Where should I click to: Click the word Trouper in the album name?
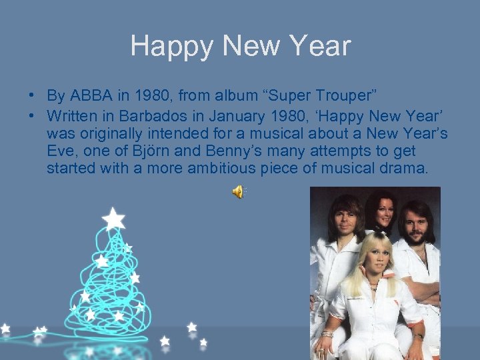[355, 95]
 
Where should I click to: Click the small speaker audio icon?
[238, 193]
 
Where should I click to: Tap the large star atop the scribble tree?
[114, 218]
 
